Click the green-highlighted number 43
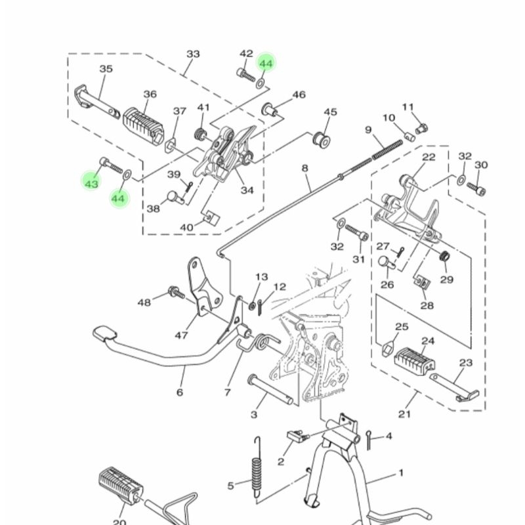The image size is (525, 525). [91, 184]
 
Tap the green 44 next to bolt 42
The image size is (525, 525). [266, 63]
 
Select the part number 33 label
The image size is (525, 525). [193, 54]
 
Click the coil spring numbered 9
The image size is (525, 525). [387, 150]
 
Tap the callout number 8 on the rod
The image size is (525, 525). [304, 168]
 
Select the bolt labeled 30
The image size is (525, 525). [476, 188]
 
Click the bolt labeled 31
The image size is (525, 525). [357, 233]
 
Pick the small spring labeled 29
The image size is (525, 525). [444, 256]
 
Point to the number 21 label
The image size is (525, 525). [404, 414]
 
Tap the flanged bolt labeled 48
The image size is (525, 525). [177, 293]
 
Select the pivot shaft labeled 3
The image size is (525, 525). [270, 390]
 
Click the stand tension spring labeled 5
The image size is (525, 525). [257, 467]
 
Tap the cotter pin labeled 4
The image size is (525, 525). [369, 440]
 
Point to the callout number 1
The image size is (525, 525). [402, 472]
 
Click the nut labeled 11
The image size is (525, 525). [423, 128]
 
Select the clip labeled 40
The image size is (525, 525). [211, 218]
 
